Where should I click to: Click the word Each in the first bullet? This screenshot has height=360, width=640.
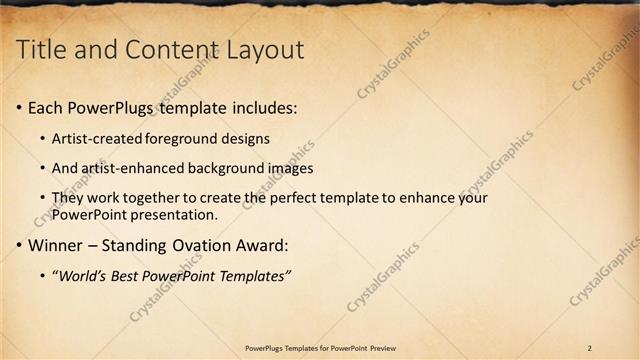click(45, 107)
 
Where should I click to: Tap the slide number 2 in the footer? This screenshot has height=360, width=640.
click(590, 348)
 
